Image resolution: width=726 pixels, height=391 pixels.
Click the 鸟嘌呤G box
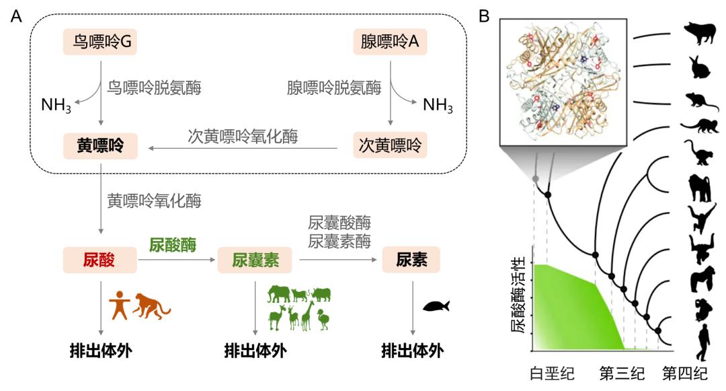click(x=100, y=42)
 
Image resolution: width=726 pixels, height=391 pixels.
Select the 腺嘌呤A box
click(x=390, y=42)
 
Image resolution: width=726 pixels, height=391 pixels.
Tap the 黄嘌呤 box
click(x=100, y=145)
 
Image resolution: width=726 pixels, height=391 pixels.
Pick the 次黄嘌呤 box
click(x=390, y=145)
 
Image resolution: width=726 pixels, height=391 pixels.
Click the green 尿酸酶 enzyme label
click(x=173, y=245)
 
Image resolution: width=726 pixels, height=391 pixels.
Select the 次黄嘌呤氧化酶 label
click(x=243, y=135)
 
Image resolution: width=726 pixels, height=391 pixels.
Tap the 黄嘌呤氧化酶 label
click(x=154, y=201)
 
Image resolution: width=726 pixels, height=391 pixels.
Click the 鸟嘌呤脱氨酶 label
click(x=154, y=87)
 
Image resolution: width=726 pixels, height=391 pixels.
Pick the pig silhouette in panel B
click(x=700, y=33)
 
